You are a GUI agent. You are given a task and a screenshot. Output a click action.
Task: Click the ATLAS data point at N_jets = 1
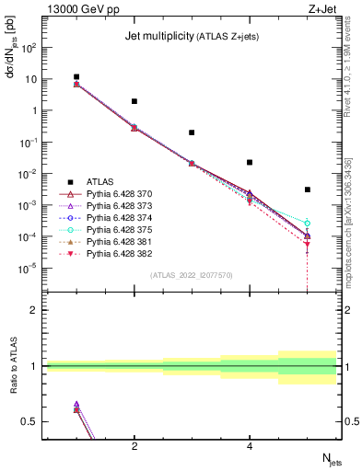coord(76,77)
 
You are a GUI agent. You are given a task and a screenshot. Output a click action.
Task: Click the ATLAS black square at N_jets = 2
coord(134,101)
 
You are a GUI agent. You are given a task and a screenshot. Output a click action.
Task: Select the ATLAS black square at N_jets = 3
coord(192,132)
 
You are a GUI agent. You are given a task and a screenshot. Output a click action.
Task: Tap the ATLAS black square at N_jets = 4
coord(250,162)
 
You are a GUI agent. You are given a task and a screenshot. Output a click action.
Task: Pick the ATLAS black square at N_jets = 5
coord(308,190)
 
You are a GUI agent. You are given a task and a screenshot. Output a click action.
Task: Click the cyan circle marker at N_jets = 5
coord(308,224)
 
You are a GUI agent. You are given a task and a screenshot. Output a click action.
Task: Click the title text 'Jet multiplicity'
coord(158,37)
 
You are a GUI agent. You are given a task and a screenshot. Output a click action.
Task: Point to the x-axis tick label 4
coord(250,446)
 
